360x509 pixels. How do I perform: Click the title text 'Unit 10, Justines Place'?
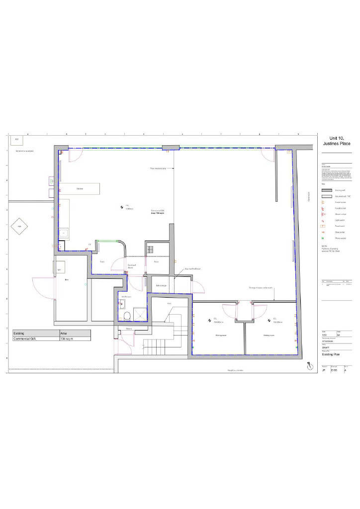coord(337,141)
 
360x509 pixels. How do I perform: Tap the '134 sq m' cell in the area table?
coord(67,339)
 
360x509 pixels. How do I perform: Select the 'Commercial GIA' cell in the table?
coord(27,339)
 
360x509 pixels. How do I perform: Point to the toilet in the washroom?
coord(127,315)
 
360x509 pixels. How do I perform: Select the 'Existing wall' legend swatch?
coord(327,190)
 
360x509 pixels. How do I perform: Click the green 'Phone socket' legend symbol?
coord(323,238)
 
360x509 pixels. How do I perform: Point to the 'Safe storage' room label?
coord(161,285)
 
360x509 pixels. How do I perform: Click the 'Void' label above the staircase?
coord(169,303)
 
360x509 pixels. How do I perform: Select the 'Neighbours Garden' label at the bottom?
coord(235,370)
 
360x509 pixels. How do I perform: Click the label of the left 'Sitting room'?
coord(221,336)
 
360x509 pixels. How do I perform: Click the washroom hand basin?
coord(123,305)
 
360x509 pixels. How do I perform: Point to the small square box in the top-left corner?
coord(16,140)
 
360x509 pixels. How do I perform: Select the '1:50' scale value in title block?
coord(325,336)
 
